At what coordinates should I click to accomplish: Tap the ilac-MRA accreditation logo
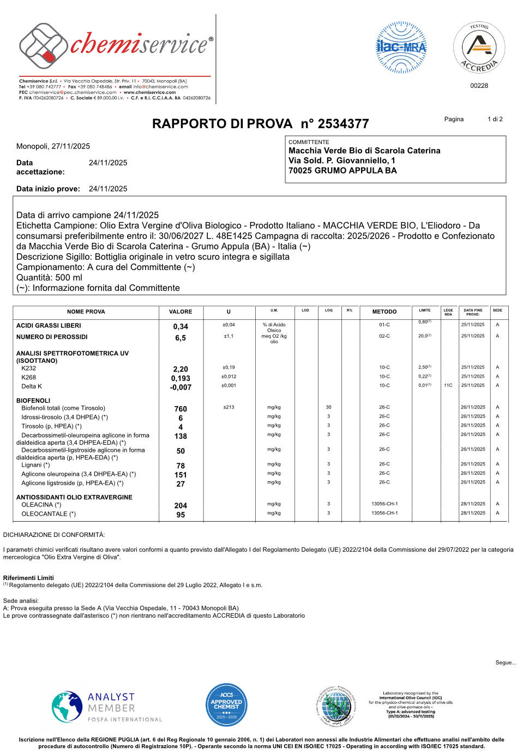coord(401,47)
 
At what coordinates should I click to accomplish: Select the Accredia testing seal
coord(479,48)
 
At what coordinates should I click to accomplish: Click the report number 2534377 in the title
coord(343,124)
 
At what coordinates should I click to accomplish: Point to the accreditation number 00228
coord(479,86)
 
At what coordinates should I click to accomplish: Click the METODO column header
coord(384,312)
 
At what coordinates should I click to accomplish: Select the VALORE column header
coord(181,312)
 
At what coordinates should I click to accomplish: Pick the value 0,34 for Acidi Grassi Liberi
coord(181,326)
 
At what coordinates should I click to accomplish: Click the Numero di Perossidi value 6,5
coord(181,338)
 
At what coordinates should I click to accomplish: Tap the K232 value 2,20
coord(181,369)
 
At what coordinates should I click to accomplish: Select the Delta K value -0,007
coord(181,387)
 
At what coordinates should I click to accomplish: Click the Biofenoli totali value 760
coord(181,409)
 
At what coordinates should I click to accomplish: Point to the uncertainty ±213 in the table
coord(229,407)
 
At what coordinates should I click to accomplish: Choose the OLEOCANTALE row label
coord(49,514)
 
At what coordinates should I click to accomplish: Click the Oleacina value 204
coord(181,506)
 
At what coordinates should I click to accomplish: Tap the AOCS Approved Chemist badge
coord(226,705)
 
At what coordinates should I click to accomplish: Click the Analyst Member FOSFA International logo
coord(107,707)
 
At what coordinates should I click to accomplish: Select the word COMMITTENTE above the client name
coord(309,142)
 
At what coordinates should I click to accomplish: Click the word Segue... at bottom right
coord(505,662)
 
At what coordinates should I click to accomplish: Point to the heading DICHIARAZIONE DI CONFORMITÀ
coord(54,535)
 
